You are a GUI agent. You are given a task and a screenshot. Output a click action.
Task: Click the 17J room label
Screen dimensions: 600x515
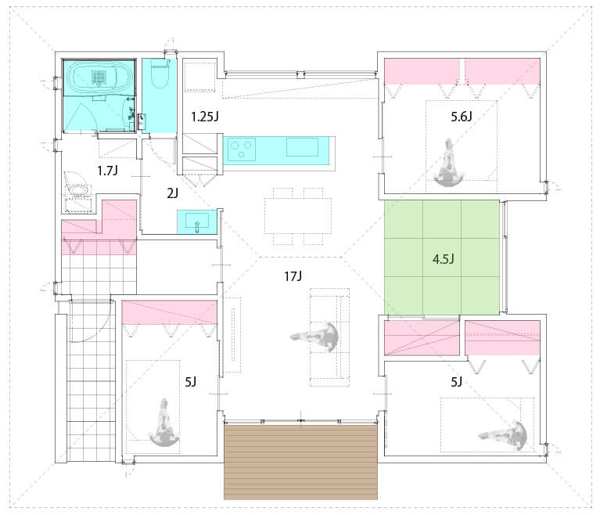293,276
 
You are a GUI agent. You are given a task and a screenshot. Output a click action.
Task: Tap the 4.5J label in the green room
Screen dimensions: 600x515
443,259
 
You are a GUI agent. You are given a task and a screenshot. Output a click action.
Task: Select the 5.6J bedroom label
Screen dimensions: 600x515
461,117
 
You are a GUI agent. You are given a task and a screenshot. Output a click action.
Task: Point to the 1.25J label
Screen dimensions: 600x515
205,117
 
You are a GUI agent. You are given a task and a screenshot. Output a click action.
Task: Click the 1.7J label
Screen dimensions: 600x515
107,171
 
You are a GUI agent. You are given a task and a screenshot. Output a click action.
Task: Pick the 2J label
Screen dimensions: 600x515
173,193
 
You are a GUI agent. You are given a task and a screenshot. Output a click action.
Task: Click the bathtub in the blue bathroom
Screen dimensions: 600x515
95,77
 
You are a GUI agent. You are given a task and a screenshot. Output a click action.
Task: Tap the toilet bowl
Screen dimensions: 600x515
160,74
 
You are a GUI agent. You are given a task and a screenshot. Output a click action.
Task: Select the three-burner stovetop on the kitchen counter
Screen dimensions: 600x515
242,149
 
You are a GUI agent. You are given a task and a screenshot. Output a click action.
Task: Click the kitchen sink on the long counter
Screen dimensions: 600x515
302,147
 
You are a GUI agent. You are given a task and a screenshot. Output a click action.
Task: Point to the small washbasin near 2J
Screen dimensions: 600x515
197,221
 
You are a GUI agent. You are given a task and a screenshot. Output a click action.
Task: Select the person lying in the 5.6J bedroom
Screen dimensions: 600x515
448,164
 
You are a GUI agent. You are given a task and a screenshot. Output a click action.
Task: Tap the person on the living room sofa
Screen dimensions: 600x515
315,337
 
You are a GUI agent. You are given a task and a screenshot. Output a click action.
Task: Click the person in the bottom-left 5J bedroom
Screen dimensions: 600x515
164,423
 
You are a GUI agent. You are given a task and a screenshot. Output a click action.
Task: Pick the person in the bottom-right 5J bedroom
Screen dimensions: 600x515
503,435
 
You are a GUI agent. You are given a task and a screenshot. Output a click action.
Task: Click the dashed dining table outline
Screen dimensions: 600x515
298,216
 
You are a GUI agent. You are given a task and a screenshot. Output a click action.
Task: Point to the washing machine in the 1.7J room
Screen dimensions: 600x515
78,189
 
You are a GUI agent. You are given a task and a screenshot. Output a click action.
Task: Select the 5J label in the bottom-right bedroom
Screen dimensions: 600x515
457,382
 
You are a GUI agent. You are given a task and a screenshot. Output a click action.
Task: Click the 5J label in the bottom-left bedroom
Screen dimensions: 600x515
191,382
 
